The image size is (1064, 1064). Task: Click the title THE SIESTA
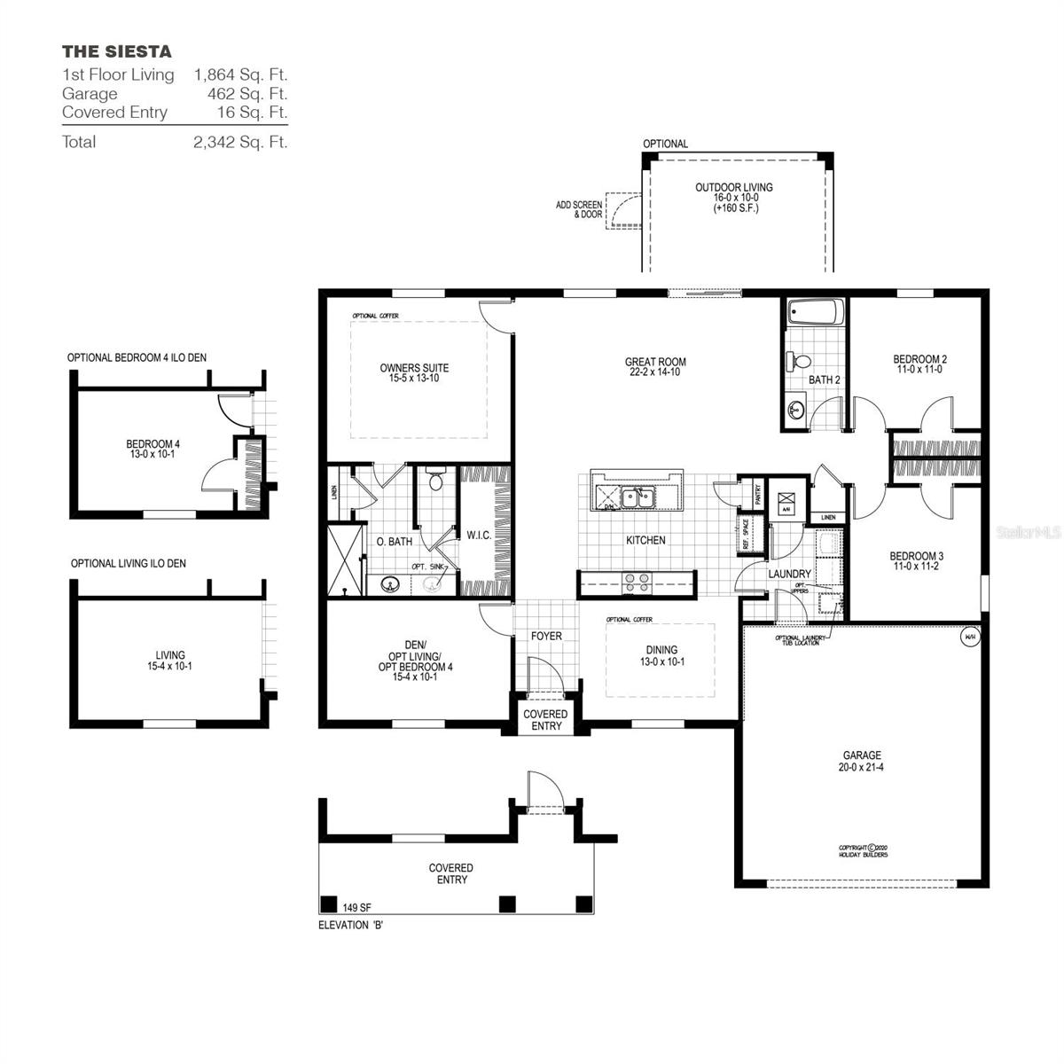click(117, 51)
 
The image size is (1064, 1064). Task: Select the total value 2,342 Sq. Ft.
click(240, 142)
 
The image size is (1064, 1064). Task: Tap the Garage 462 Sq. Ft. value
click(240, 93)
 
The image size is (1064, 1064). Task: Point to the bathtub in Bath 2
click(816, 313)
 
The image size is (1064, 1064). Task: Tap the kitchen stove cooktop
click(638, 583)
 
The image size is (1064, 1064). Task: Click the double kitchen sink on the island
click(638, 498)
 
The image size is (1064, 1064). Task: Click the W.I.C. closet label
click(479, 536)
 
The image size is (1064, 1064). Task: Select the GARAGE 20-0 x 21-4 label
click(862, 762)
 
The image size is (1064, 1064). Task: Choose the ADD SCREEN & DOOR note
click(579, 209)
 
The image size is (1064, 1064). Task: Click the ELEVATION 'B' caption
click(351, 925)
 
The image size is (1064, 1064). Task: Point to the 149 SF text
click(356, 907)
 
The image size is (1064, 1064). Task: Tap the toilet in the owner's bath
click(434, 480)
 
